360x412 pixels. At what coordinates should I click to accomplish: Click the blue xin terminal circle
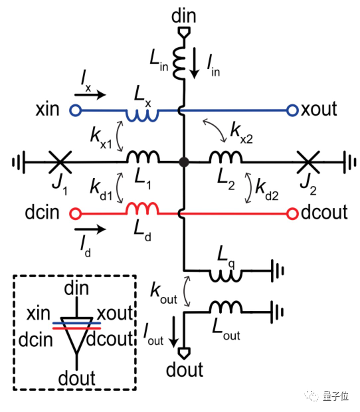click(x=75, y=110)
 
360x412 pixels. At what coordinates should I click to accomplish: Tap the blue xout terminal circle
click(x=292, y=110)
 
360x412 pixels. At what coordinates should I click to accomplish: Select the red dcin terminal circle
click(x=75, y=213)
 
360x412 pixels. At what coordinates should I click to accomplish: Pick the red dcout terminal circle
click(x=292, y=214)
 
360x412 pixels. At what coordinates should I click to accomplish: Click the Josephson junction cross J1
click(x=60, y=162)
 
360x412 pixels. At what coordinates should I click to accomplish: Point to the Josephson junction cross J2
click(x=308, y=162)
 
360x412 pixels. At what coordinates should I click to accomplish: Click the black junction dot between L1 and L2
click(x=184, y=162)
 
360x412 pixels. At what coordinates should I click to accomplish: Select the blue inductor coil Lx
click(x=142, y=116)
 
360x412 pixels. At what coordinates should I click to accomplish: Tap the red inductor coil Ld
click(x=143, y=209)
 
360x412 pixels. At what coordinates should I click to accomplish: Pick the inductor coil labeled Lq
click(x=225, y=276)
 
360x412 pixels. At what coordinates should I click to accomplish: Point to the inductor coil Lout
click(x=226, y=306)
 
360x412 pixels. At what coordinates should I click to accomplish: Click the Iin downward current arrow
click(x=195, y=63)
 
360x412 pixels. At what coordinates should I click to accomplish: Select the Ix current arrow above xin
click(x=90, y=94)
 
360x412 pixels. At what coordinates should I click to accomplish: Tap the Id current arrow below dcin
click(x=90, y=229)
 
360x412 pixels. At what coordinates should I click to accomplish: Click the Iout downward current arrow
click(x=173, y=332)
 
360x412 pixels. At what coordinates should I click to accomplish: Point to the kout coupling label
click(x=164, y=294)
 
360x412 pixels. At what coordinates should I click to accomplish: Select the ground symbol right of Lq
click(x=278, y=271)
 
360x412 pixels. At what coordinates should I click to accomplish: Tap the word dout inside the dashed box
click(x=76, y=378)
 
